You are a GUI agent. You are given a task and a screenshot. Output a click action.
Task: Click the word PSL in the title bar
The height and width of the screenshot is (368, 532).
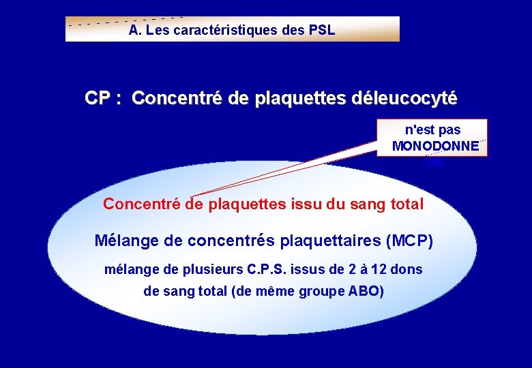pos(321,31)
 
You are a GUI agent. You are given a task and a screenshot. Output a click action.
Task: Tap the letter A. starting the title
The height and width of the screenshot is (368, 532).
pos(134,31)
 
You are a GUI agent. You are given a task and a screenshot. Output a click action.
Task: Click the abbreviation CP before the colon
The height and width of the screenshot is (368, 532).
pos(98,99)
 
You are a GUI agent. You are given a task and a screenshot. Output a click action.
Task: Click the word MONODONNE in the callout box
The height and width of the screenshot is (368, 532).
pos(435,146)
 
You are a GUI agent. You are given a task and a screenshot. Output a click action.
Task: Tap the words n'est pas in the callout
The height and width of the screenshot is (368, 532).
pos(432,129)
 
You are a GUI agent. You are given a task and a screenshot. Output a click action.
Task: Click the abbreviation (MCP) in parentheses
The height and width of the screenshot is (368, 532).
pos(409,241)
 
